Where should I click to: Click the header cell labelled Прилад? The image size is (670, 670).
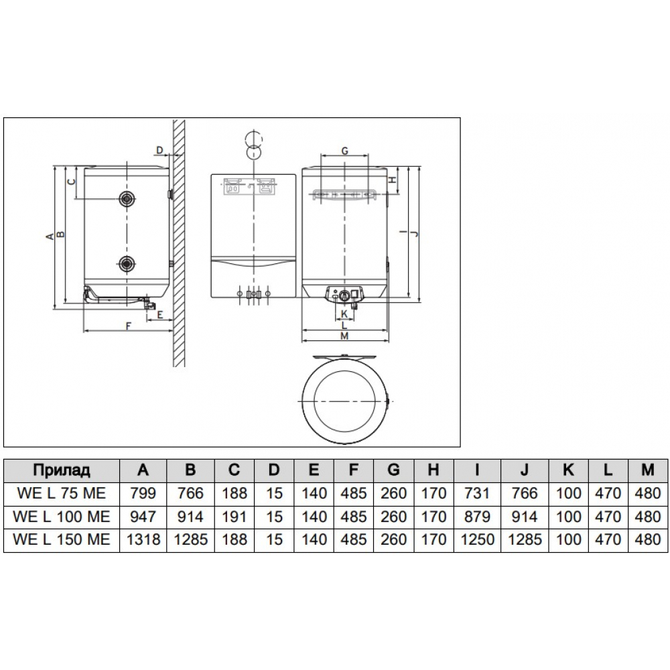62,470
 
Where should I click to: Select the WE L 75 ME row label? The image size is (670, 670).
62,493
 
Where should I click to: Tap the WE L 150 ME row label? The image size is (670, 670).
62,539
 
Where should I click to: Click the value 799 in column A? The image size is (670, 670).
143,493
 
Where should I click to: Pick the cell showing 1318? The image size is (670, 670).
143,539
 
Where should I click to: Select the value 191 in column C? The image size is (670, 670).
234,516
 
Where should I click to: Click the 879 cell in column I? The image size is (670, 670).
477,516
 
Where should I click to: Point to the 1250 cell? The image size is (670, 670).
477,539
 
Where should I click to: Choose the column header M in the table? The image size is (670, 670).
648,470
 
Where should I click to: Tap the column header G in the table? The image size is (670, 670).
393,470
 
